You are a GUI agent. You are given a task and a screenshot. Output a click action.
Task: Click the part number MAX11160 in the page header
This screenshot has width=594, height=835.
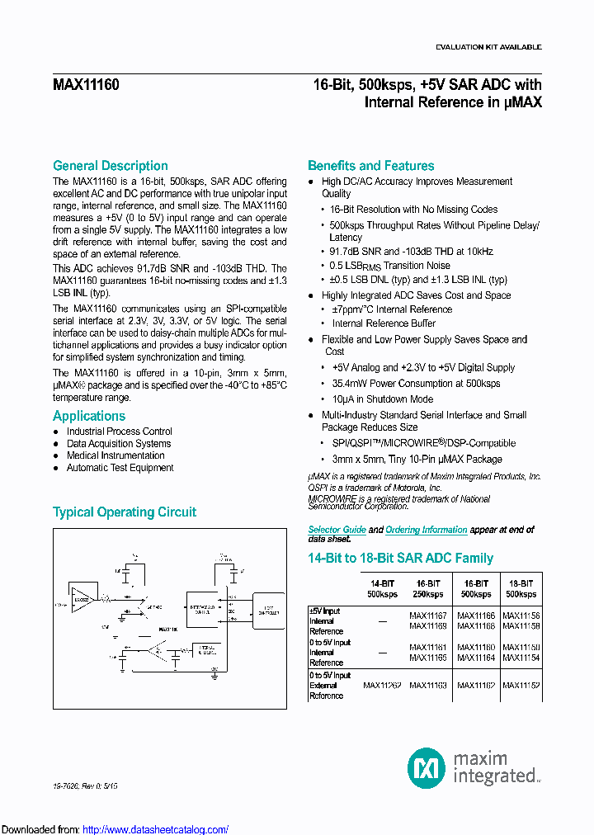pos(86,84)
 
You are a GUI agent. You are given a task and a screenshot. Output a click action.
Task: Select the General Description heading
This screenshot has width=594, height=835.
pos(110,166)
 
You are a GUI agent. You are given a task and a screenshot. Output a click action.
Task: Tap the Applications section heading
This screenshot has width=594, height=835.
pos(89,416)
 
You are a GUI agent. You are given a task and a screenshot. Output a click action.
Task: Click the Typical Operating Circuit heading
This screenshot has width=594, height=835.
pos(125,512)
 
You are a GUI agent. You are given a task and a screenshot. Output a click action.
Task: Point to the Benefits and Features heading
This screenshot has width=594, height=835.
pos(370,166)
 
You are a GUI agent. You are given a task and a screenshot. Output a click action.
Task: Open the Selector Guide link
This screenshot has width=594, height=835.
pos(337,530)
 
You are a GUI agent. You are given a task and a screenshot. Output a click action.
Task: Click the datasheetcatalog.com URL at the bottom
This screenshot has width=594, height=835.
pos(156,829)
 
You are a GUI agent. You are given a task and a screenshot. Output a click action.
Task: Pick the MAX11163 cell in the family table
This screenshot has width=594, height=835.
pos(428,685)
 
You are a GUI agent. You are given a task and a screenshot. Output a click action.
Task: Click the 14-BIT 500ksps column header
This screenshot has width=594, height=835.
pos(383,588)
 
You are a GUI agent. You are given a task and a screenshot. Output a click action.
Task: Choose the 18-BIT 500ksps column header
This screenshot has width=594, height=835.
pos(521,588)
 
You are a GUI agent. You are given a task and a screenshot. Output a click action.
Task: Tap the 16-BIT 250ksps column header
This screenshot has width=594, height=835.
pos(428,588)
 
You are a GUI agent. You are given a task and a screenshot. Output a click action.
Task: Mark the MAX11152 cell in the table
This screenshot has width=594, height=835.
pos(521,685)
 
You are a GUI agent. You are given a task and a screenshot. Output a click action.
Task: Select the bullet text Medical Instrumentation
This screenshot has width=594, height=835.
pos(115,455)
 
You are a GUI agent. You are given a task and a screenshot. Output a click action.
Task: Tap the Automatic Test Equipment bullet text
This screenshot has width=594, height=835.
pos(120,468)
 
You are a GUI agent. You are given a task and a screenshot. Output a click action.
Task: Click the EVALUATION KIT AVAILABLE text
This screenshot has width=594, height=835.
pos(488,47)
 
